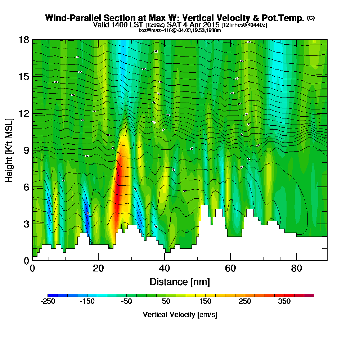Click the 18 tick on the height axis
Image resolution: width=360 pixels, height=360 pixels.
pyautogui.click(x=24, y=40)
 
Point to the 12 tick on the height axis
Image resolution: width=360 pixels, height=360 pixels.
pyautogui.click(x=24, y=113)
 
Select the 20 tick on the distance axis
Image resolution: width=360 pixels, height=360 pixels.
pyautogui.click(x=98, y=269)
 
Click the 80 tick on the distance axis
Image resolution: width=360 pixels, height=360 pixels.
pyautogui.click(x=296, y=269)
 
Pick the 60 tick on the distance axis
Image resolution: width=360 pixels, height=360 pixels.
pyautogui.click(x=230, y=269)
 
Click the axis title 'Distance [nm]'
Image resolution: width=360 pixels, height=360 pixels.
pyautogui.click(x=180, y=282)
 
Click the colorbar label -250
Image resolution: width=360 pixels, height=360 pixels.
pyautogui.click(x=48, y=302)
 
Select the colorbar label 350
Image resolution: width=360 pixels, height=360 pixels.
pyautogui.click(x=284, y=302)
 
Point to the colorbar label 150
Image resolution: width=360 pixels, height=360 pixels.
pyautogui.click(x=205, y=302)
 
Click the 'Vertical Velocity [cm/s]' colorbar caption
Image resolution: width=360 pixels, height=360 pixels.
pyautogui.click(x=180, y=315)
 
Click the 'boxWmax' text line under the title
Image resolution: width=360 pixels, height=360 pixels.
pyautogui.click(x=180, y=30)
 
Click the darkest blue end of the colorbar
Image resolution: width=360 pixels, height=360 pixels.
pyautogui.click(x=49, y=295)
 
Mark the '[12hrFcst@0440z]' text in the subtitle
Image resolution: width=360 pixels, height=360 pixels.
pyautogui.click(x=244, y=25)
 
